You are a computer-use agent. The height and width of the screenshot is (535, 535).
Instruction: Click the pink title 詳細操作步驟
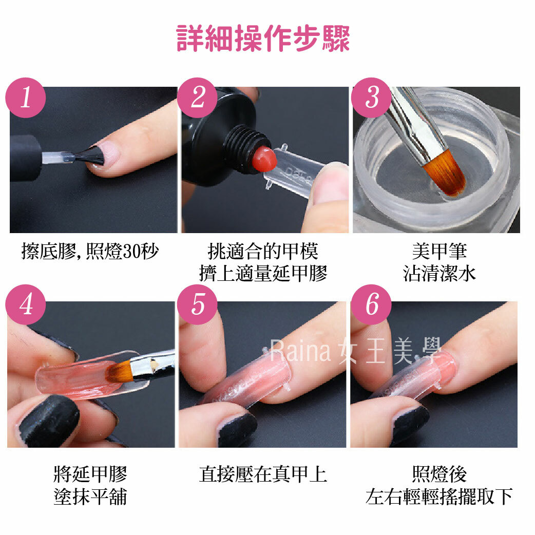click(x=263, y=38)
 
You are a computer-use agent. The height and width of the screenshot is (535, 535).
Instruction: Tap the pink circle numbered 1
click(x=26, y=98)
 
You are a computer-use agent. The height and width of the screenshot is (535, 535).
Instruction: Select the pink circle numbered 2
click(x=197, y=98)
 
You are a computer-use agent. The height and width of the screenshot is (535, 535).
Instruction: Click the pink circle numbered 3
click(x=371, y=98)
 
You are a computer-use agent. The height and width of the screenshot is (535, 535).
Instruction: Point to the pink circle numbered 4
click(x=26, y=304)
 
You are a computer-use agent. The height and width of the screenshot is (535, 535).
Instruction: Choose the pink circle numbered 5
click(x=197, y=304)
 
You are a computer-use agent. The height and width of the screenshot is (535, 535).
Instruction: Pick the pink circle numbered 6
click(x=371, y=304)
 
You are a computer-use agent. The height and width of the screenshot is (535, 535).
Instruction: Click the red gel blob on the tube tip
click(x=264, y=159)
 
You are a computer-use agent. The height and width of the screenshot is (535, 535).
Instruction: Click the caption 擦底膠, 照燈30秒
click(x=90, y=252)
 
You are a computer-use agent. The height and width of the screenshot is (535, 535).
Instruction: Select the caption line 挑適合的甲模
click(x=263, y=252)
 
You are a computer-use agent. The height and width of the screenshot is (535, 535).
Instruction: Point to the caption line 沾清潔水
click(x=440, y=274)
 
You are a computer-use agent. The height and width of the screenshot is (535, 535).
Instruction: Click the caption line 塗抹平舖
click(x=90, y=497)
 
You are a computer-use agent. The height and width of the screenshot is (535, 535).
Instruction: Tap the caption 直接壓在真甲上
click(x=263, y=474)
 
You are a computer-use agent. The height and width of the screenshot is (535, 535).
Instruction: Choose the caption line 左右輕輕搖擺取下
click(x=440, y=497)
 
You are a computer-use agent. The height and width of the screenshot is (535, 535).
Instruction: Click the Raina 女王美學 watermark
click(x=355, y=351)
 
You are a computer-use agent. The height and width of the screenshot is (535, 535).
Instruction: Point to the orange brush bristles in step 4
click(x=118, y=371)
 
